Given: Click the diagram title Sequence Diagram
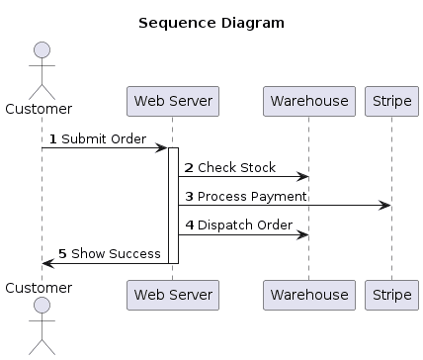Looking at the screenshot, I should pos(211,22).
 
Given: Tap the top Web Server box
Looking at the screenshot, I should pos(172,101).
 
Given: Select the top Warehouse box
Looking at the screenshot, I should pos(307,101).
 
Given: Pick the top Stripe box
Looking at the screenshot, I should pos(390,101).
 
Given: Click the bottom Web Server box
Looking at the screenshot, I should pos(172,295).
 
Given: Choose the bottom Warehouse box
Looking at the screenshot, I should pos(307,295).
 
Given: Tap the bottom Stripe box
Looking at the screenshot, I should pos(390,295).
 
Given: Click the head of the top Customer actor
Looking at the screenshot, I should pos(42,51).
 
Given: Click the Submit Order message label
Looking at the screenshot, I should pos(104,139).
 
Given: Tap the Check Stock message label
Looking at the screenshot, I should pos(236,168).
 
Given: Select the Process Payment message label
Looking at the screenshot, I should pos(251,197).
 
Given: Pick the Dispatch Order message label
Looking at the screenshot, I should pos(244,225).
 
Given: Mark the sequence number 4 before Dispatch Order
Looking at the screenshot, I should pos(189,225).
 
